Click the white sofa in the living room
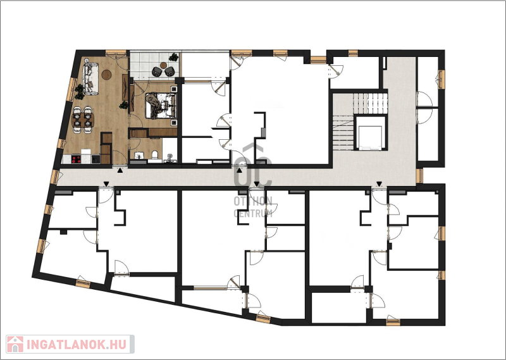point(90,80)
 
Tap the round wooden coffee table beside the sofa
point(106,75)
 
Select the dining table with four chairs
point(83,120)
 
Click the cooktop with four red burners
point(76,159)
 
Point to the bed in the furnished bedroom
point(161,105)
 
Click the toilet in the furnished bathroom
point(154,155)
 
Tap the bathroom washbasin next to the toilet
point(139,155)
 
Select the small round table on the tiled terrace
point(164,66)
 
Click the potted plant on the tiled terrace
point(173,57)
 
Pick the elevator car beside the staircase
point(370,137)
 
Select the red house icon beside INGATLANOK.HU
point(15,344)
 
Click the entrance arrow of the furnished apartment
point(120,170)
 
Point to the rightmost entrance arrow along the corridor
point(379,184)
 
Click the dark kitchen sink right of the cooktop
point(96,159)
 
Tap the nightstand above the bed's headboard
point(174,89)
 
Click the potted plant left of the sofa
point(79,92)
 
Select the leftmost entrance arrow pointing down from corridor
point(106,184)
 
